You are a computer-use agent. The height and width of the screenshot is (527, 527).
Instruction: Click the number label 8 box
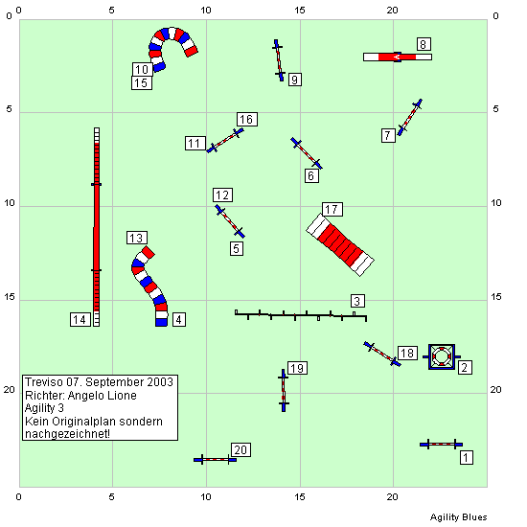tap(424, 44)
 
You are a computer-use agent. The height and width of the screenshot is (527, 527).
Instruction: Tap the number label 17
tap(332, 209)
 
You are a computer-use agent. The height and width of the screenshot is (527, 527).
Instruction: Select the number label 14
tap(80, 319)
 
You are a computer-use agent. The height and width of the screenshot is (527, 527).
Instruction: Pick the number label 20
tap(241, 449)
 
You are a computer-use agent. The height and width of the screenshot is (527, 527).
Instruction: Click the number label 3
tap(357, 301)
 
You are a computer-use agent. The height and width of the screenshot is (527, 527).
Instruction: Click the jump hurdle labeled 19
tap(284, 390)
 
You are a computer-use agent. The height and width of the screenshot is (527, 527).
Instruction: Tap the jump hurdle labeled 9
tap(279, 60)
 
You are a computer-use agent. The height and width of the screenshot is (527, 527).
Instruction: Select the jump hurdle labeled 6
tap(307, 153)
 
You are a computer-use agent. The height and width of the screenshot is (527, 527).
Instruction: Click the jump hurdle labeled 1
tap(442, 445)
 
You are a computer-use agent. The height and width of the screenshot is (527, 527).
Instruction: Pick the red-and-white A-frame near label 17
tap(340, 245)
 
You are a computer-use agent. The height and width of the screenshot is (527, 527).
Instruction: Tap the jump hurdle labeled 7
tap(410, 117)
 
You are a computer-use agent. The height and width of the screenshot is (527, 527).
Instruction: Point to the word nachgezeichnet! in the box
tap(68, 434)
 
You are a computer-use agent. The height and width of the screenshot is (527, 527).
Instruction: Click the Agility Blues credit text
tap(458, 516)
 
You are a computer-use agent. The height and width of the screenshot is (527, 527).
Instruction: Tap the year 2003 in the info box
tap(160, 382)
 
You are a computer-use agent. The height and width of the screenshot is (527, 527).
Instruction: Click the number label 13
tap(137, 238)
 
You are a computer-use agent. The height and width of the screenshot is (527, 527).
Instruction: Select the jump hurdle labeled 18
tap(382, 355)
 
